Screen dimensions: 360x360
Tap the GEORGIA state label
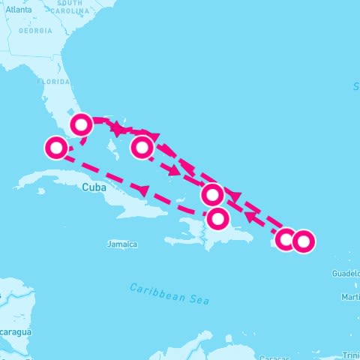pyautogui.click(x=36, y=31)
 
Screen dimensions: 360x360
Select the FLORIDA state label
pyautogui.click(x=53, y=81)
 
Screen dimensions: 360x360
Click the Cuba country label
pyautogui.click(x=94, y=187)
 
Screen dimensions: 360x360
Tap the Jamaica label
pyautogui.click(x=122, y=244)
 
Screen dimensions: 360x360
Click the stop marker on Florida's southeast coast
pyautogui.click(x=82, y=124)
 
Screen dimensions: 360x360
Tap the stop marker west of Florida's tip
pyautogui.click(x=56, y=148)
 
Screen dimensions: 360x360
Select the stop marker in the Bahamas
pyautogui.click(x=142, y=147)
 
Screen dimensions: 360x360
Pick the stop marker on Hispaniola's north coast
pyautogui.click(x=218, y=219)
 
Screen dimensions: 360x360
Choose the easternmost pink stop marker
pyautogui.click(x=302, y=241)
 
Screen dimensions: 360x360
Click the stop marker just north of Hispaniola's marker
pyautogui.click(x=213, y=195)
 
